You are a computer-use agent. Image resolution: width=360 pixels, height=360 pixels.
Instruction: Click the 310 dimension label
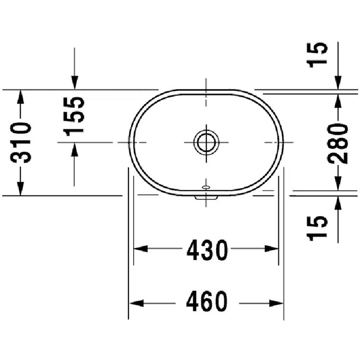coord(20,143)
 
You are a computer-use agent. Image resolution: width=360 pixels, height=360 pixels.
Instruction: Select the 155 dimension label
coord(74,117)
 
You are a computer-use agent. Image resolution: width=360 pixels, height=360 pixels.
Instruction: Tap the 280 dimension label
coord(338,144)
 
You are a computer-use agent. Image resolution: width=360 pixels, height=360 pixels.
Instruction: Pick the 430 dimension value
coord(207,250)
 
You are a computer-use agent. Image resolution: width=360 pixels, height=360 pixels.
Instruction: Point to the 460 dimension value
coord(207,301)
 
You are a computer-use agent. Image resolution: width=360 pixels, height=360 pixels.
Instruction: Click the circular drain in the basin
coord(207,142)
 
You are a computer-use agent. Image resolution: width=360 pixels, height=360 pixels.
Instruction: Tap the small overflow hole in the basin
coord(206,188)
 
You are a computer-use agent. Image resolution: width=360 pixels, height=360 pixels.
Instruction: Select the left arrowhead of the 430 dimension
coord(140,248)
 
